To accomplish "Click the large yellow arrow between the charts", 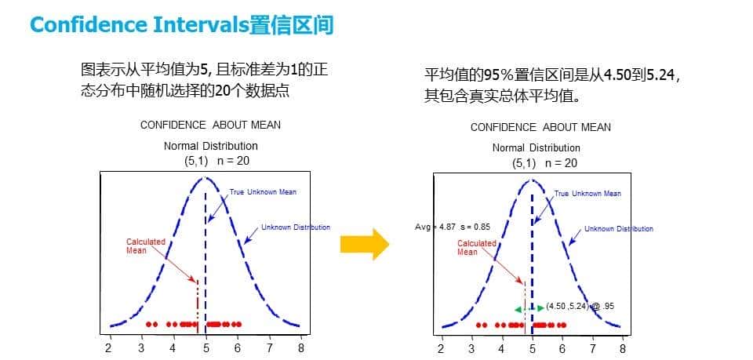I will click(365, 244).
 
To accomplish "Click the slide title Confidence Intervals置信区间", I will click(181, 26).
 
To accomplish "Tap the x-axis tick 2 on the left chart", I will click(109, 347).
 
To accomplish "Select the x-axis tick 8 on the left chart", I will click(300, 347).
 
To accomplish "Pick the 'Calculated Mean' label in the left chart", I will click(146, 246).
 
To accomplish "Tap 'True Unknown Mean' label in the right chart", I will click(587, 194).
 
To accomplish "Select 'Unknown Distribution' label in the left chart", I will click(295, 227).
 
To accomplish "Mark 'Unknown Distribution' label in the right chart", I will click(618, 229).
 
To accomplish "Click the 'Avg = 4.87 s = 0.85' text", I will click(453, 227).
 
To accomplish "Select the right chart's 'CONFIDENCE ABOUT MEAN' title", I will click(540, 127).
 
